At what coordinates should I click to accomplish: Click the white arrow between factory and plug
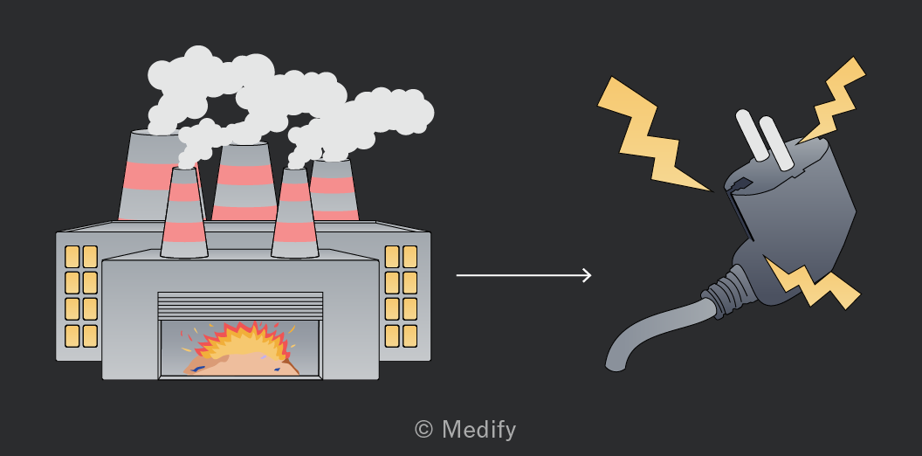pyautogui.click(x=524, y=275)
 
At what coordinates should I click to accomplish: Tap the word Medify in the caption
pyautogui.click(x=478, y=430)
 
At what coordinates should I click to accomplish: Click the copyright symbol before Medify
pyautogui.click(x=423, y=429)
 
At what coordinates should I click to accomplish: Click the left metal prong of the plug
pyautogui.click(x=752, y=135)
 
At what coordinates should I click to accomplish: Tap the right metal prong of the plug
pyautogui.click(x=776, y=143)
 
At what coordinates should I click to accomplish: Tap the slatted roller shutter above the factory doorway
pyautogui.click(x=240, y=306)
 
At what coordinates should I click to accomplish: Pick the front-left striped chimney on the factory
pyautogui.click(x=183, y=212)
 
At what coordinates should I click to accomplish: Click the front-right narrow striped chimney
pyautogui.click(x=294, y=213)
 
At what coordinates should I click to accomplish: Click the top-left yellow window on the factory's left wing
pyautogui.click(x=72, y=257)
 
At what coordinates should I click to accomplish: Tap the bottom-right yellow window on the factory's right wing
pyautogui.click(x=409, y=336)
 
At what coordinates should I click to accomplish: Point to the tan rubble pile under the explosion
pyautogui.click(x=241, y=365)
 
